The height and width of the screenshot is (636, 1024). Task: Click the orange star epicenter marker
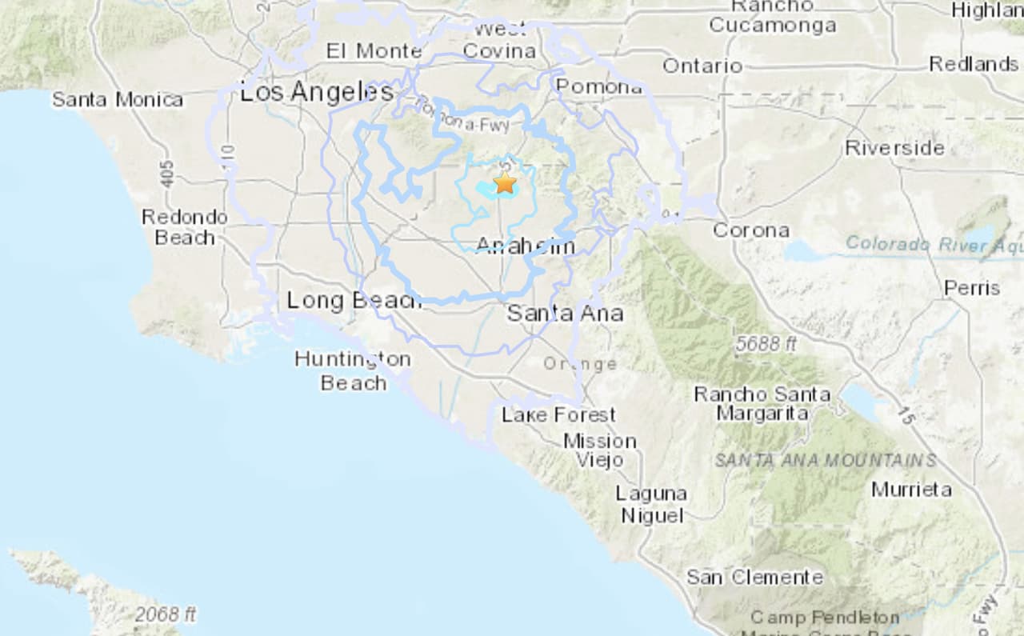(505, 183)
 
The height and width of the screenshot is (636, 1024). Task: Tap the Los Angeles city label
(317, 93)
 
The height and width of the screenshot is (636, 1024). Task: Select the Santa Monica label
(118, 100)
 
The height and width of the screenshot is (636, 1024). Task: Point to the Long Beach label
(354, 301)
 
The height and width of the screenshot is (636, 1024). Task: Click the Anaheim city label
(525, 246)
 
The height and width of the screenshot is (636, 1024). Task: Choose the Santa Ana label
(565, 313)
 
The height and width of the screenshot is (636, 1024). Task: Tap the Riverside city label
(894, 148)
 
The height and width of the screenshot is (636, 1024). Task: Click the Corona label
(750, 230)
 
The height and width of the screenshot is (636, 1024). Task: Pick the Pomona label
(599, 86)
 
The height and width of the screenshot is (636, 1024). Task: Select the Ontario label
(702, 66)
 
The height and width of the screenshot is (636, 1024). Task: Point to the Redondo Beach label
(185, 227)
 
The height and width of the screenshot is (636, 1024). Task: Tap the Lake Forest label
(558, 415)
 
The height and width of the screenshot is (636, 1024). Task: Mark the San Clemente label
(754, 577)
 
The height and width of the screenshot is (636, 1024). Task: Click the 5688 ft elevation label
(766, 344)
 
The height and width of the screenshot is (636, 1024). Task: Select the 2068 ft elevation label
(166, 615)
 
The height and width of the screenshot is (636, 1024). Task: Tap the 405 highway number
(166, 171)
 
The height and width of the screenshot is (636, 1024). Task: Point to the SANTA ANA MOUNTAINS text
(825, 460)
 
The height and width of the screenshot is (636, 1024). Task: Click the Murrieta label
(911, 489)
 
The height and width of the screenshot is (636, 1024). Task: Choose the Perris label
(971, 288)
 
